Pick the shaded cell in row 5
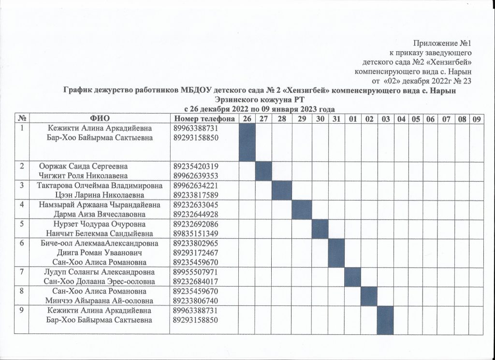[320, 229]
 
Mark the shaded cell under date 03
[385, 319]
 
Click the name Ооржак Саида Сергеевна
[87, 166]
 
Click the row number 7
[22, 272]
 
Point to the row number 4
[22, 205]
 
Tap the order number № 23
[462, 80]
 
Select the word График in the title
[79, 90]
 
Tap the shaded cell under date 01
[352, 276]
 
